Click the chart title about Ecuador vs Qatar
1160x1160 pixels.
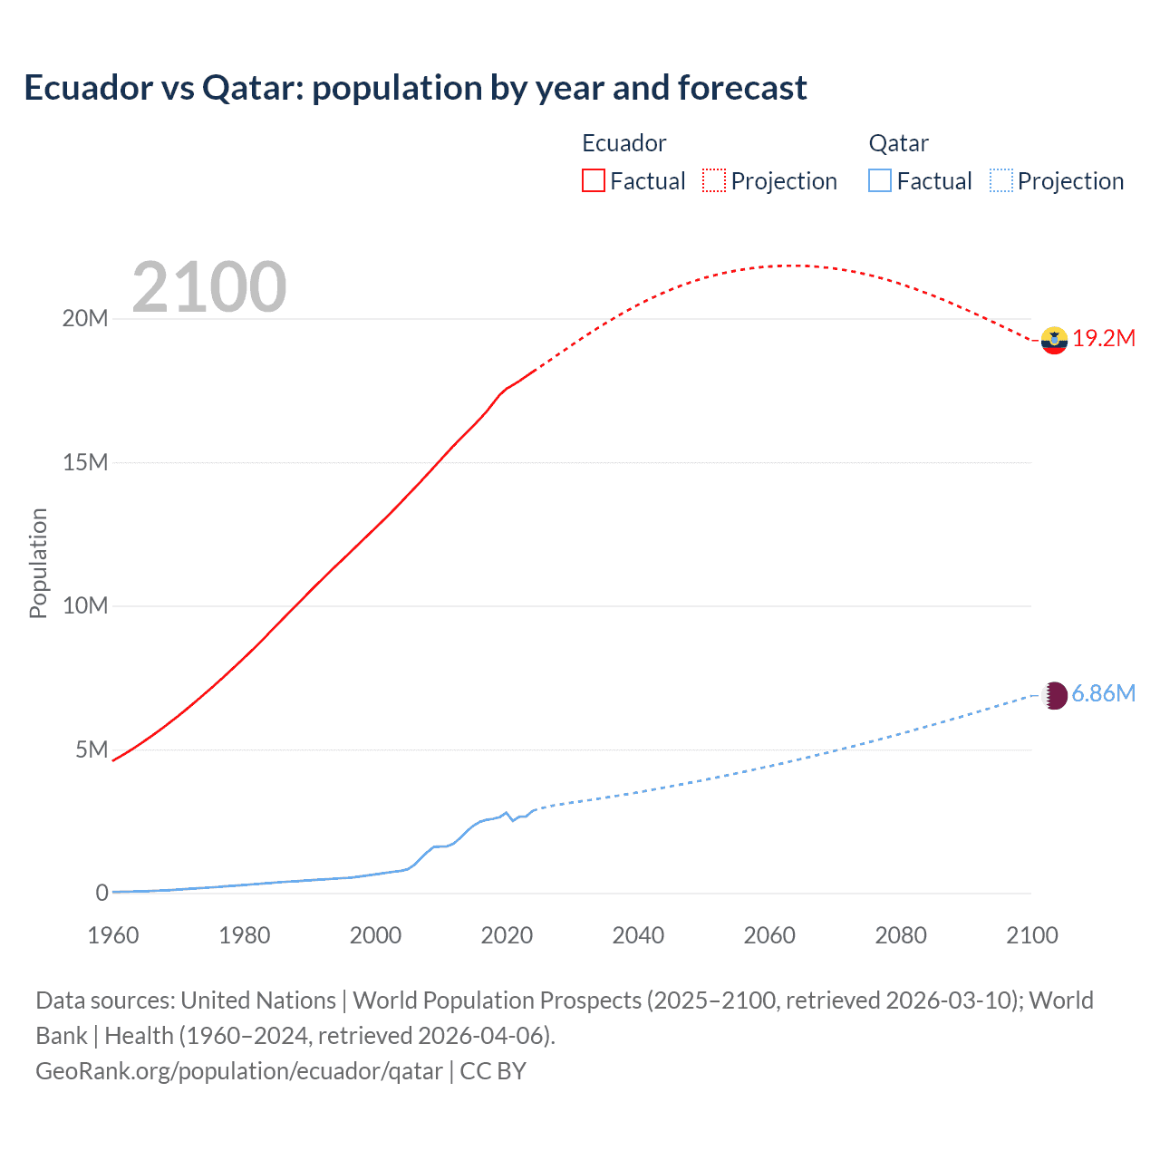point(415,88)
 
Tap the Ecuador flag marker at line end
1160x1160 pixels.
point(1054,340)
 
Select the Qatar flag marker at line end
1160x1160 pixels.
point(1054,695)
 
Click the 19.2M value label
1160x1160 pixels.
point(1104,339)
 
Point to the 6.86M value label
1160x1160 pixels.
point(1103,694)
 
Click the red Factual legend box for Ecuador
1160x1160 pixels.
point(593,180)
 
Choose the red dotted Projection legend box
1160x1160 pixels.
point(714,180)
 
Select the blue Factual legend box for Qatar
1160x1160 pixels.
point(880,180)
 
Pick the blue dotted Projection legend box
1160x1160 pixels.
point(1000,180)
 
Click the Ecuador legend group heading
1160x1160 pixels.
point(623,143)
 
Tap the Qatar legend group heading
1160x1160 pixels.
point(898,143)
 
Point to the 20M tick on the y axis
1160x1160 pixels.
point(85,319)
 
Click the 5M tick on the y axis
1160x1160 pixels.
point(92,749)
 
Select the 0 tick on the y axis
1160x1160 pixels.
point(101,893)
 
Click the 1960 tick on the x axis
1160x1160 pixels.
point(113,935)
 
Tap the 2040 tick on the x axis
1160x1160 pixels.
point(638,935)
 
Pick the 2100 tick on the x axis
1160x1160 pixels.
point(1031,935)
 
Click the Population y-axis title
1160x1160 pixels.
point(38,563)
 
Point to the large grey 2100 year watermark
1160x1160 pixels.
point(209,287)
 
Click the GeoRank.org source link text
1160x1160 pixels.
point(239,1071)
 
